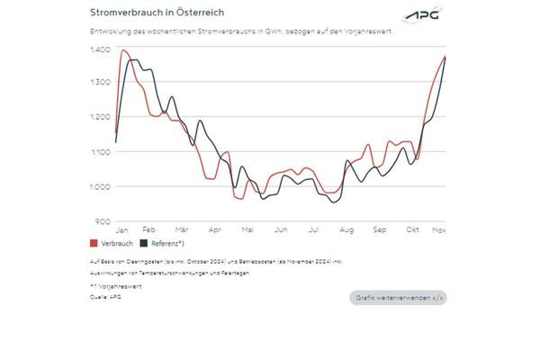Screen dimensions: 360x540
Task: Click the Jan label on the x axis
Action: coord(122,230)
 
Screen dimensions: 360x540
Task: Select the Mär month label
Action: coord(181,230)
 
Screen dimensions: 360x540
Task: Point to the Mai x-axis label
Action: coord(247,230)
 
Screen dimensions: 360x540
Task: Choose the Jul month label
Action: coord(313,230)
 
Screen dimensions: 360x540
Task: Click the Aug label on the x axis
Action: coord(346,230)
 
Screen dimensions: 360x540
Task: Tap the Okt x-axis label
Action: coord(412,230)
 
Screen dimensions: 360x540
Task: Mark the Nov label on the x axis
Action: coord(439,230)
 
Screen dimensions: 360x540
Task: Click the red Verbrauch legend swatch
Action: coord(94,243)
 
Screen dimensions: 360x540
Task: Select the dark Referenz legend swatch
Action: coord(144,243)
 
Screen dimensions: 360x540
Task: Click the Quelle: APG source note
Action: coord(105,296)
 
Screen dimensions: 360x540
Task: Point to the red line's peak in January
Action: coord(122,50)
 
